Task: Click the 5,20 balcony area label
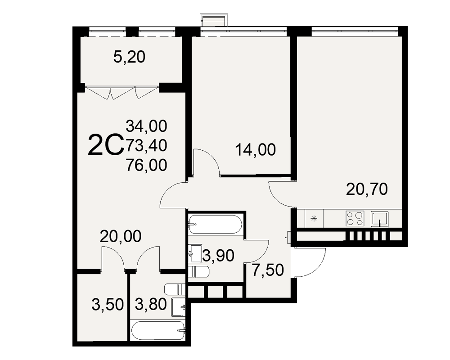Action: tap(129, 57)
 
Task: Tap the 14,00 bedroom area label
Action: tap(256, 149)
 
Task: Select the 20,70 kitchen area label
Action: tap(367, 189)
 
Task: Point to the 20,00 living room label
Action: tap(121, 236)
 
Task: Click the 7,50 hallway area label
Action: tap(268, 270)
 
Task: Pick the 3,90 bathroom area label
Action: tap(218, 256)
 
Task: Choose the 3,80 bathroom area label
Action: tap(151, 304)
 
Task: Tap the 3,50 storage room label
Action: tap(108, 304)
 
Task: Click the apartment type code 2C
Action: tap(106, 146)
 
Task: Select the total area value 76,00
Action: tap(146, 165)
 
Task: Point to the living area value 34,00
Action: tap(146, 126)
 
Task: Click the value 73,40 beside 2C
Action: tap(146, 145)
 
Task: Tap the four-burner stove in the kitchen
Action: tap(355, 218)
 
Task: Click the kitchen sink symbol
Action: tap(379, 219)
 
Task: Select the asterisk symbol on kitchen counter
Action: tap(314, 219)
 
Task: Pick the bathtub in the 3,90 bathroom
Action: tap(215, 224)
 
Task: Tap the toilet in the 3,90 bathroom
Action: tap(198, 271)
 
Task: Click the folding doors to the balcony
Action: tap(121, 92)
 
